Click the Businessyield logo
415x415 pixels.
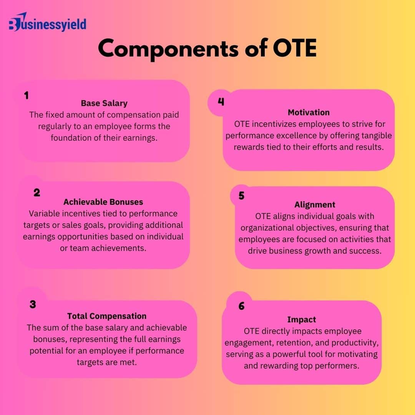[x=48, y=22]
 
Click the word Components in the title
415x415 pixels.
[x=168, y=49]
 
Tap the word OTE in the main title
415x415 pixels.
[x=295, y=48]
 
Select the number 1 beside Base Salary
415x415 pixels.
[x=26, y=95]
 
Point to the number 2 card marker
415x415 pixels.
[x=37, y=193]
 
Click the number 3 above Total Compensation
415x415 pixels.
[x=33, y=304]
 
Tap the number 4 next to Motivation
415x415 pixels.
[x=221, y=102]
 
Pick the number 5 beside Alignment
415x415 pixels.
[x=241, y=196]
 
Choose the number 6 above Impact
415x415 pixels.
[x=241, y=306]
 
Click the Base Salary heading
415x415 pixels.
[x=104, y=103]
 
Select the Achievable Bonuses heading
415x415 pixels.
[x=103, y=202]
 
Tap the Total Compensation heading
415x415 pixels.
[x=107, y=316]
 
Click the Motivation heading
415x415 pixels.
[x=309, y=113]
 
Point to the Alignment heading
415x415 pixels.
[x=315, y=205]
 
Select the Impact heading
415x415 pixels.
[x=302, y=320]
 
